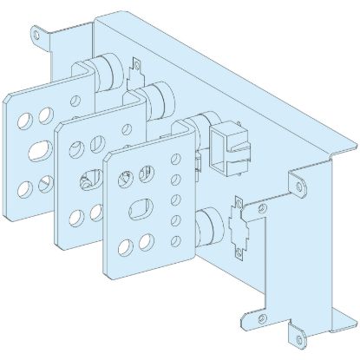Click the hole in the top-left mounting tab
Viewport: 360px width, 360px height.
pos(36,36)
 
